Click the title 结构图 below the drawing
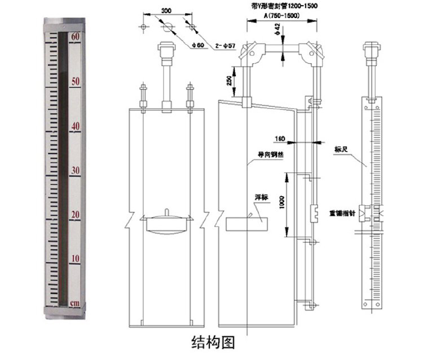point(212,342)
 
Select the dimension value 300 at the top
point(166,11)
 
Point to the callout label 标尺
point(340,149)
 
